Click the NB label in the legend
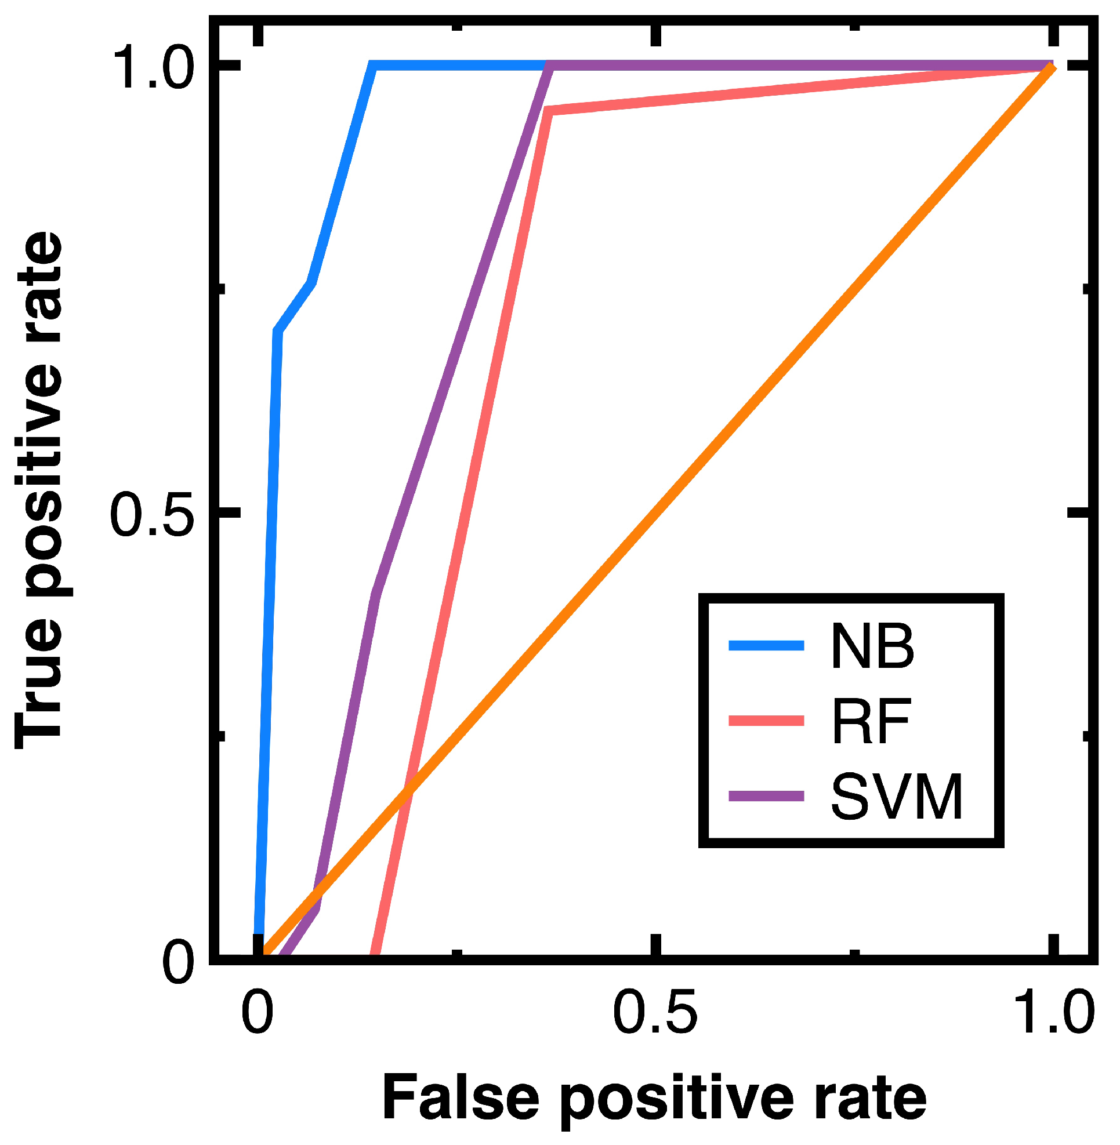(872, 646)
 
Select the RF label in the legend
(871, 722)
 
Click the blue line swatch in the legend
(766, 646)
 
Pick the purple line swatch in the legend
(766, 796)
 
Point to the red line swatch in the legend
(766, 721)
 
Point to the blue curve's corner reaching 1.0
(372, 66)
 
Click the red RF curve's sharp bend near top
(548, 111)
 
